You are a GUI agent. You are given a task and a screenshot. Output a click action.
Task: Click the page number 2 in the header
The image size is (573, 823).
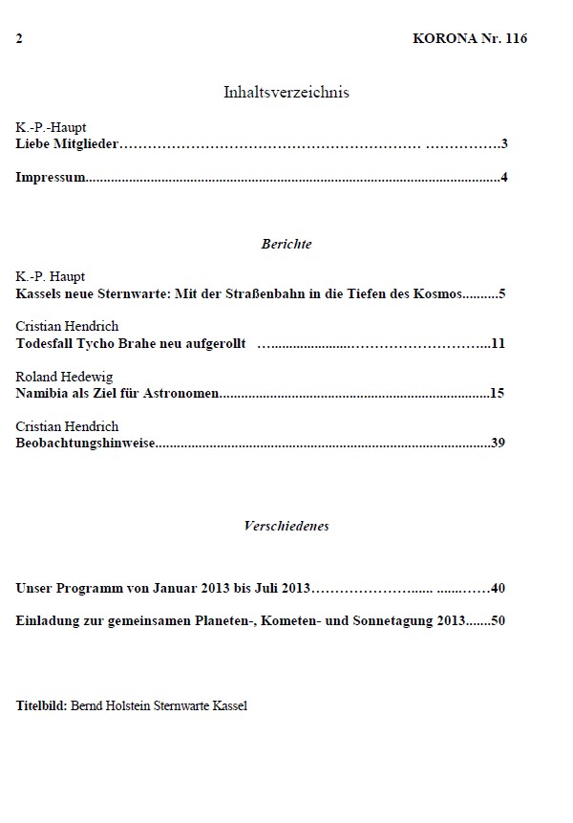tap(19, 39)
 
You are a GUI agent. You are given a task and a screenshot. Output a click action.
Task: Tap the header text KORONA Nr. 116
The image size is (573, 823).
tap(470, 39)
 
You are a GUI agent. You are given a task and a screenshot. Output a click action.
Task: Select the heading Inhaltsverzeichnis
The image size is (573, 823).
tap(286, 93)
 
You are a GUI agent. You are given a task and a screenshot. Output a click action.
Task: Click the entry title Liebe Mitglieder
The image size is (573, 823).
tap(70, 145)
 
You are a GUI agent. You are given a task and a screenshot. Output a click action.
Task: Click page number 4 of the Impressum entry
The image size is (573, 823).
tap(502, 177)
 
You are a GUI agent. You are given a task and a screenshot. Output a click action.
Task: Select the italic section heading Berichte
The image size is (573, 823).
tap(286, 244)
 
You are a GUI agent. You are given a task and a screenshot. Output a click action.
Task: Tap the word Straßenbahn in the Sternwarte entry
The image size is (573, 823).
tap(253, 292)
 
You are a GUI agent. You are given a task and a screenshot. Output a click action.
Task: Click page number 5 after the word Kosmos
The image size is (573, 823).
tap(501, 292)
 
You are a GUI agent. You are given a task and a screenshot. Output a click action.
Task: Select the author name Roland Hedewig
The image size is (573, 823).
tap(64, 377)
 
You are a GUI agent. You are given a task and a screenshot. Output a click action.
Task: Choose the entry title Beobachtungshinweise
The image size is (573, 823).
tap(86, 443)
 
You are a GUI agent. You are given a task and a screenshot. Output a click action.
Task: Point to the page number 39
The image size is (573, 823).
tap(498, 443)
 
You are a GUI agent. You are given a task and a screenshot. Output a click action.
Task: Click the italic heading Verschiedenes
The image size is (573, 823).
tap(286, 526)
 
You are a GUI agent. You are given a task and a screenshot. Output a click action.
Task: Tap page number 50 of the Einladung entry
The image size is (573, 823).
tap(498, 621)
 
